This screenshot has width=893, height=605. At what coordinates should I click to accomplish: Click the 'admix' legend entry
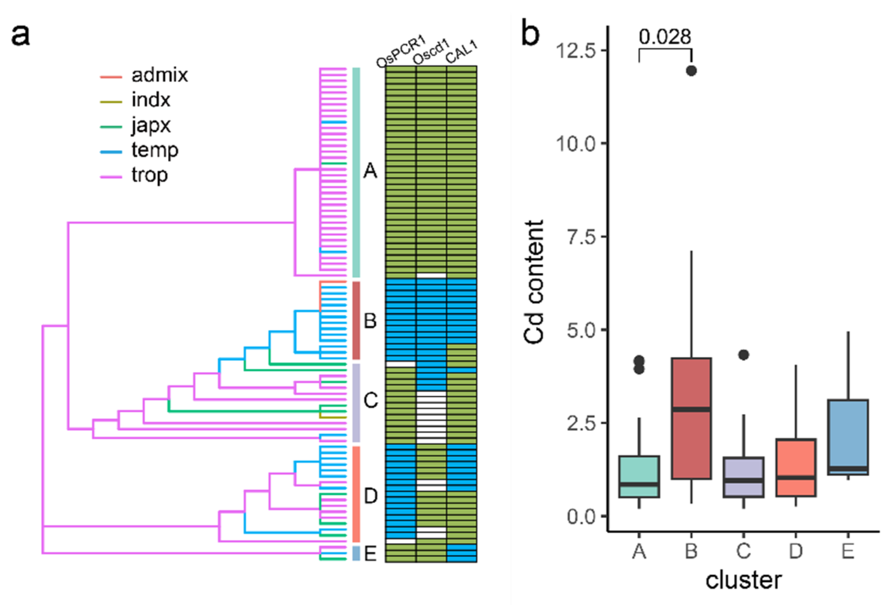(x=159, y=75)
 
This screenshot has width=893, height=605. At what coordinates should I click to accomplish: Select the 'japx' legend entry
(x=151, y=126)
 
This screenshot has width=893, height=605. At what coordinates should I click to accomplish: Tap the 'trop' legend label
(x=149, y=175)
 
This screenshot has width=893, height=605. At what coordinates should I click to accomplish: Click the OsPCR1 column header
(x=400, y=52)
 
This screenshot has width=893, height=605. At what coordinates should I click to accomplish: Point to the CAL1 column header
(x=461, y=52)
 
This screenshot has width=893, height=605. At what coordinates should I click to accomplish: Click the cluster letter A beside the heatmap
(x=370, y=171)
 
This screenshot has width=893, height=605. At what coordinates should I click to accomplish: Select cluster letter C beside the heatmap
(x=371, y=401)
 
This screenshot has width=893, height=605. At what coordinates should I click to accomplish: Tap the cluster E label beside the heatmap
(x=370, y=554)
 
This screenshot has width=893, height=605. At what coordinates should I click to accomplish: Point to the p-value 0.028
(x=665, y=37)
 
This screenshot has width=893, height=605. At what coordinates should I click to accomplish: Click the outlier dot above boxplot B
(x=691, y=71)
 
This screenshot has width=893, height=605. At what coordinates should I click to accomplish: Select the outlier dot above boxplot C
(x=744, y=355)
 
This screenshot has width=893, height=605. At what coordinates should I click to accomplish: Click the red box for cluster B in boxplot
(x=691, y=418)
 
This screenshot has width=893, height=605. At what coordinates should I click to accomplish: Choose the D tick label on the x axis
(x=796, y=551)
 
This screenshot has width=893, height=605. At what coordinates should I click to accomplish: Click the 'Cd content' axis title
(x=534, y=282)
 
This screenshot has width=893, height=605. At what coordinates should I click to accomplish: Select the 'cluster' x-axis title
(x=744, y=580)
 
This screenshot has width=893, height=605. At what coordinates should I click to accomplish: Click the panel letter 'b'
(x=530, y=34)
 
